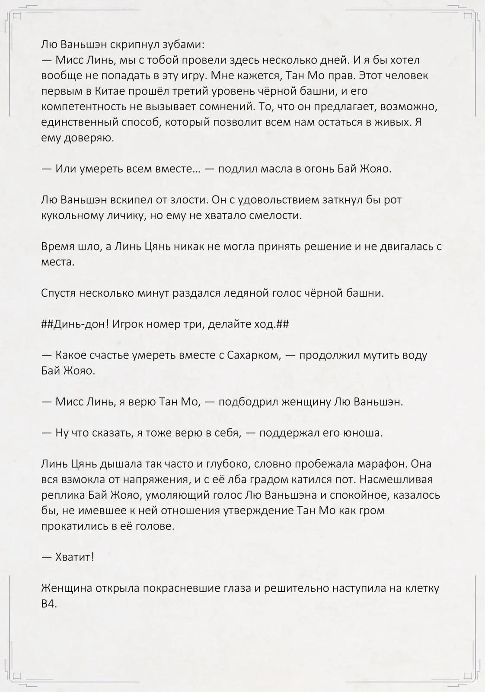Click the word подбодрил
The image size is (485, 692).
pos(248,402)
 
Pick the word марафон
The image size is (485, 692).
pos(381,464)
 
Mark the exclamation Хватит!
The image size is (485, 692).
pos(74,557)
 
